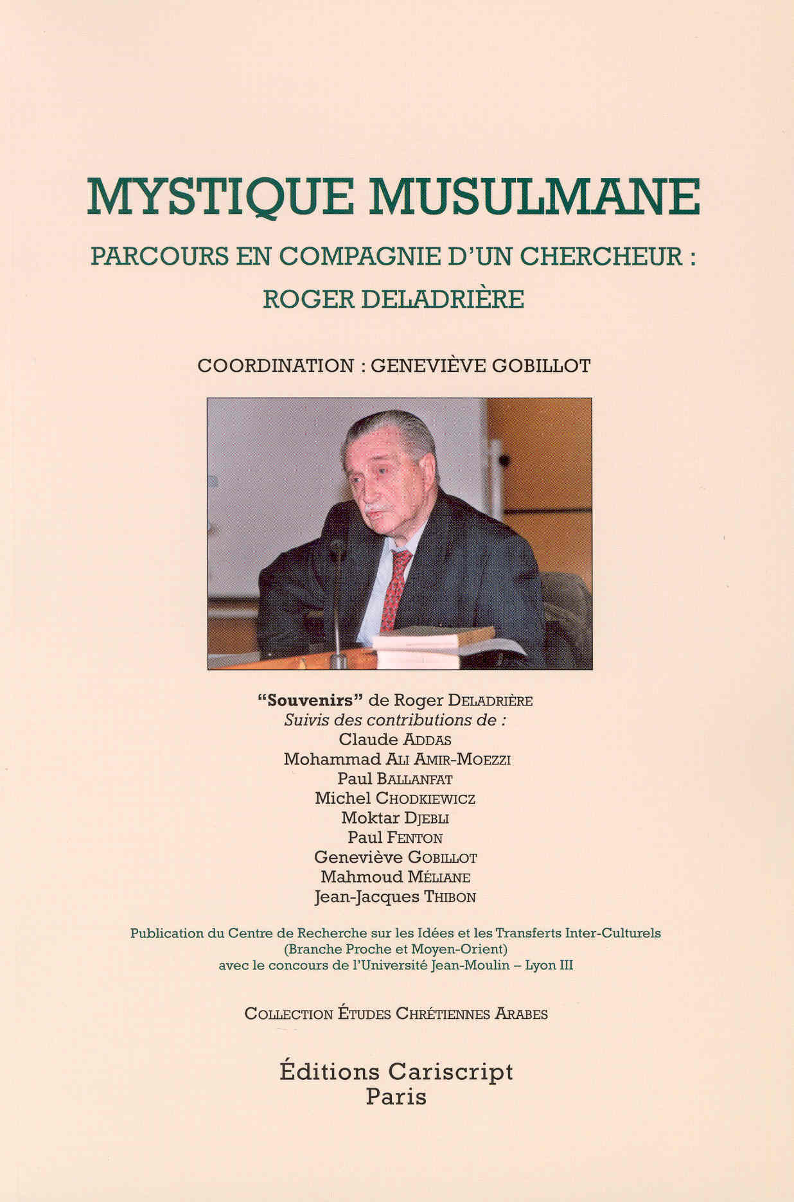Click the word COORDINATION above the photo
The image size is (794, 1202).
click(x=276, y=366)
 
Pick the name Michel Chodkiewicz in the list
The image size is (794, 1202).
click(x=394, y=799)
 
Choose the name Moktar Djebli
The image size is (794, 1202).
click(x=394, y=818)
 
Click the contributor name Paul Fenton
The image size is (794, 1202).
click(x=394, y=838)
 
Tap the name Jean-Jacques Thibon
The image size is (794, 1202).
click(x=394, y=897)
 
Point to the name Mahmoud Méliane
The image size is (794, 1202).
click(x=394, y=877)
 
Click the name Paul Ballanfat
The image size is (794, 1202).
click(x=394, y=779)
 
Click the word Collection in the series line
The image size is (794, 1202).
click(x=288, y=1014)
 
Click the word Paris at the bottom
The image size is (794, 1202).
click(x=396, y=1096)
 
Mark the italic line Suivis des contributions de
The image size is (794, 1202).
click(x=394, y=720)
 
